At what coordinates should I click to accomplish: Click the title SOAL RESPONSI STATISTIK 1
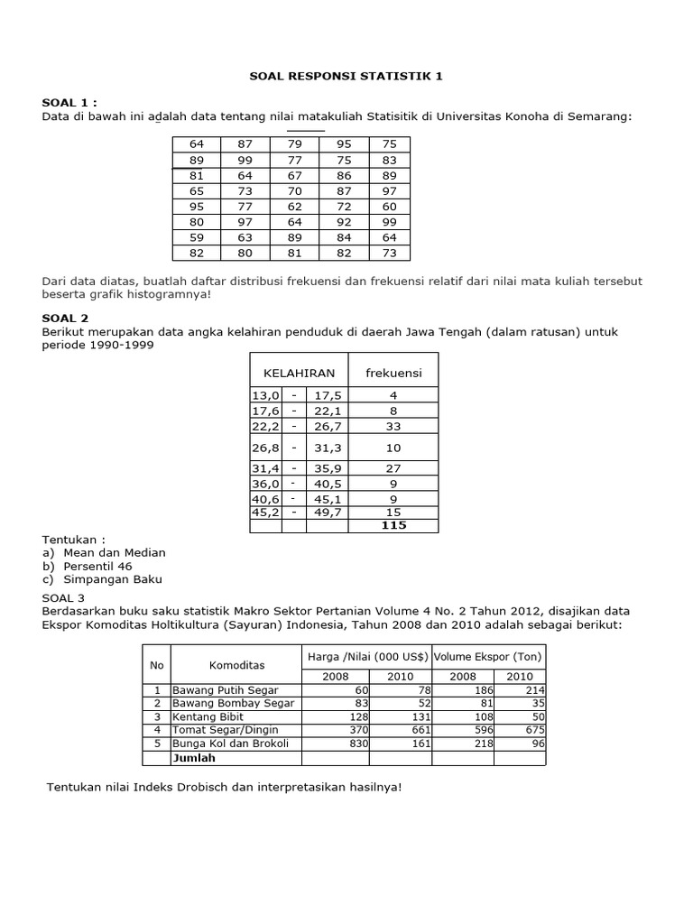[346, 77]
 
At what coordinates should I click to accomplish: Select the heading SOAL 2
[65, 319]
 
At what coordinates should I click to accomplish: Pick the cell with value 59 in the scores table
[197, 237]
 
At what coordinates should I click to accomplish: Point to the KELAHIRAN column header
[299, 372]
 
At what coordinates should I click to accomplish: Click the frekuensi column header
[393, 372]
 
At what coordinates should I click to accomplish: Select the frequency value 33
[393, 425]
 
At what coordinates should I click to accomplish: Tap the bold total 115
[393, 525]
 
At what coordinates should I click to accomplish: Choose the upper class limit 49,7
[327, 513]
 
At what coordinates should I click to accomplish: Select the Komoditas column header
[236, 665]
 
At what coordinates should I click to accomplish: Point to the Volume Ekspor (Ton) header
[488, 656]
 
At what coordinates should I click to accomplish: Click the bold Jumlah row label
[193, 759]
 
